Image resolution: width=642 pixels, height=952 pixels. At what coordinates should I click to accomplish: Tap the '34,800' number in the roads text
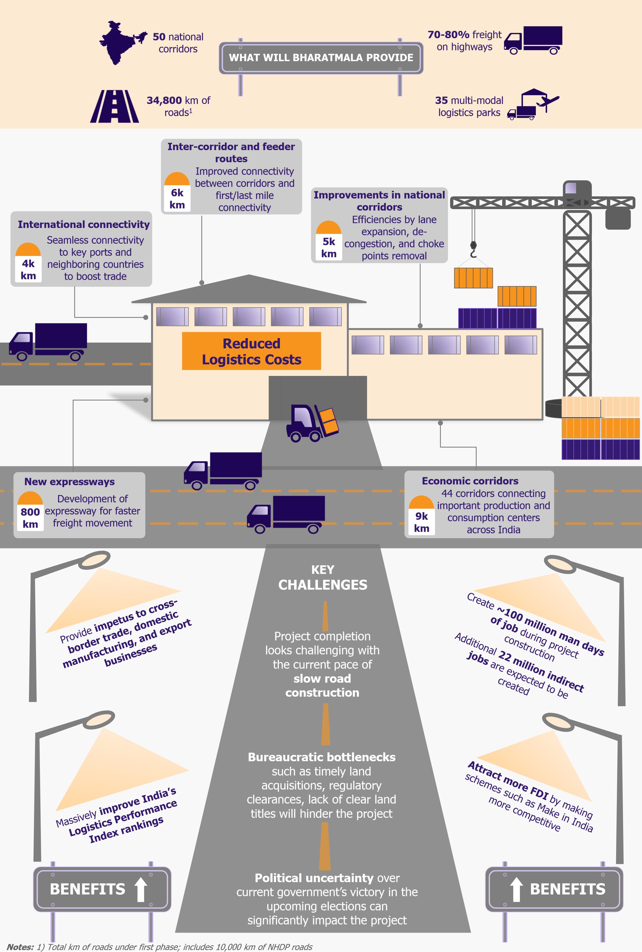click(164, 100)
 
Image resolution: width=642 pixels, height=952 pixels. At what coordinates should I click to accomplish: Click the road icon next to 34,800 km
click(115, 106)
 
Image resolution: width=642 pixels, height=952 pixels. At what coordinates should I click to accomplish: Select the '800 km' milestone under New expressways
click(30, 512)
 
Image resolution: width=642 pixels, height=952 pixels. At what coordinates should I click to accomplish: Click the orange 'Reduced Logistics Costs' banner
click(251, 351)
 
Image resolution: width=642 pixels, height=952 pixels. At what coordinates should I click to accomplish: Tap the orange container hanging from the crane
click(473, 278)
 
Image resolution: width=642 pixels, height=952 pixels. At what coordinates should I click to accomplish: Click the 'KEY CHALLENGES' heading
click(323, 577)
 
